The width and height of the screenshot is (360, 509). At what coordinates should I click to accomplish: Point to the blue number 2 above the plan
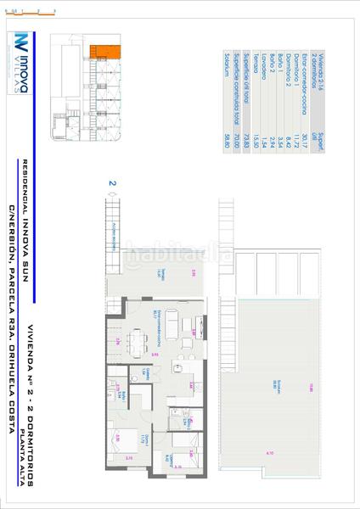112,182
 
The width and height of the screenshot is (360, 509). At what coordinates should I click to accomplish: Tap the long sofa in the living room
169,322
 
